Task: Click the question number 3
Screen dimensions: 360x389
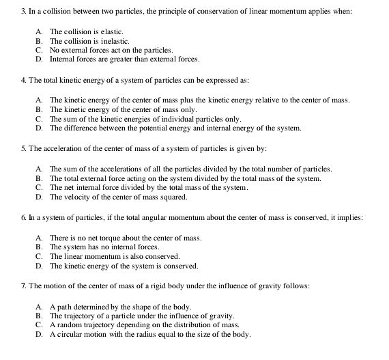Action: (5, 12)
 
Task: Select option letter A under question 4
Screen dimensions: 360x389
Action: (38, 100)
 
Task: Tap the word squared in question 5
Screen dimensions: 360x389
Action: (168, 197)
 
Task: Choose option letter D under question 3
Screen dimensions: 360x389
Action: (38, 59)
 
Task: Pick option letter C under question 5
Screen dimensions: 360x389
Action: (38, 188)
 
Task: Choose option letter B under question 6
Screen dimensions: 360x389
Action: (38, 246)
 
